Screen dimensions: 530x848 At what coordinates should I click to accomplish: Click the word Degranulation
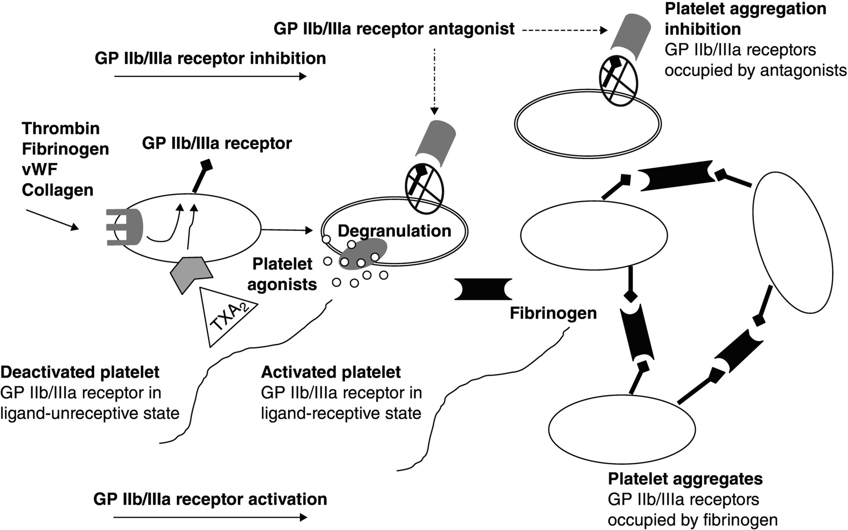[x=394, y=231]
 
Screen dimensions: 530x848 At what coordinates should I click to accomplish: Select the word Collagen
[x=57, y=190]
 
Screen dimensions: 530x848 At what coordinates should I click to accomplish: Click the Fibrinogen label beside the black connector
[x=553, y=313]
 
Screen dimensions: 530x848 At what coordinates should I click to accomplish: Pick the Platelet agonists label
[x=282, y=274]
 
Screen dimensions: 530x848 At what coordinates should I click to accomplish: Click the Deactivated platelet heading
[x=80, y=372]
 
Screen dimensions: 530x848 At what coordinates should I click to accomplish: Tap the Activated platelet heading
[x=331, y=372]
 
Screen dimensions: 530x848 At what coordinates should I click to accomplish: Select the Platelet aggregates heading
[x=685, y=479]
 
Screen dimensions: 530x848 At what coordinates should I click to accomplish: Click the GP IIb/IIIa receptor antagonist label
[x=394, y=29]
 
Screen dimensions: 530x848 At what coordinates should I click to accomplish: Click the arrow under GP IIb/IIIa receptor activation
[x=210, y=517]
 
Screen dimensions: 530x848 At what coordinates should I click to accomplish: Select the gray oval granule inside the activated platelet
[x=362, y=254]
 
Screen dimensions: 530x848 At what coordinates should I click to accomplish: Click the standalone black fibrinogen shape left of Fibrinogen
[x=483, y=289]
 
